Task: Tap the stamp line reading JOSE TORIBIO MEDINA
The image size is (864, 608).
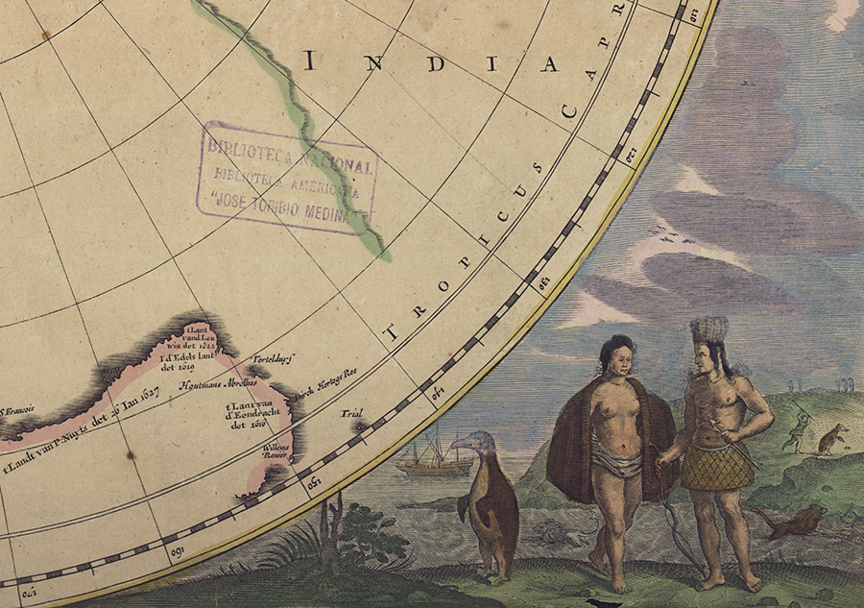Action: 287,208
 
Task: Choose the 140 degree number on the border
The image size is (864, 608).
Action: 441,390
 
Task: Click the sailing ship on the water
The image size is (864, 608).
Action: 433,458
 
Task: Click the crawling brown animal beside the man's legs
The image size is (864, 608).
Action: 787,521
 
